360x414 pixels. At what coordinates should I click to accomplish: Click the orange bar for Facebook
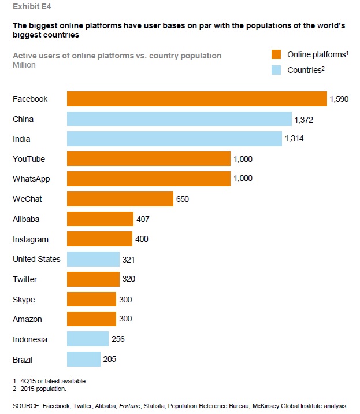[x=196, y=99]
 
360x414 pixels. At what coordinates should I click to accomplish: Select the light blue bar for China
[x=179, y=119]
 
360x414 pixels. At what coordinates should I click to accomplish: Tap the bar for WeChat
[x=120, y=199]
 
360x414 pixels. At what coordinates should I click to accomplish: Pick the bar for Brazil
[x=84, y=359]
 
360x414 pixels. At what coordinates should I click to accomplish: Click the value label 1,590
[x=340, y=99]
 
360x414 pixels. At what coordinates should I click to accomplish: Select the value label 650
[x=183, y=199]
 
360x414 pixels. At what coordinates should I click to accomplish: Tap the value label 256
[x=118, y=339]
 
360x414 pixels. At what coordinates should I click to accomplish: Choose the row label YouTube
[x=29, y=159]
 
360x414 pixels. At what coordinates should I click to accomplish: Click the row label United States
[x=36, y=259]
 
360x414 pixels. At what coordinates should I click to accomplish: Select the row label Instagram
[x=31, y=239]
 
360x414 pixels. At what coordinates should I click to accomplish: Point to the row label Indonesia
[x=30, y=339]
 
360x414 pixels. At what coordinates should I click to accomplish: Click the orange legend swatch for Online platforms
[x=276, y=55]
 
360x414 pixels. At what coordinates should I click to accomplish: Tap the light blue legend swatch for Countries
[x=276, y=70]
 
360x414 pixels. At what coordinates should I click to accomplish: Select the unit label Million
[x=24, y=65]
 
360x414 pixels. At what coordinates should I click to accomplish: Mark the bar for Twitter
[x=93, y=279]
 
